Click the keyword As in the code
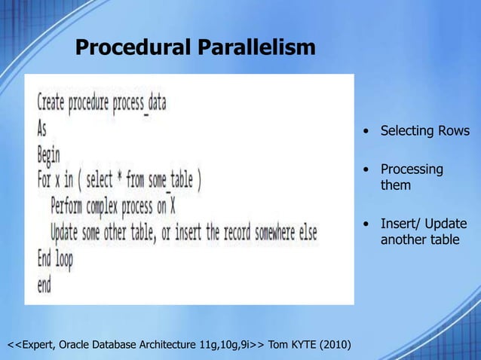coord(42,128)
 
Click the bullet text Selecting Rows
coord(424,132)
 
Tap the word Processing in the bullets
coord(412,169)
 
